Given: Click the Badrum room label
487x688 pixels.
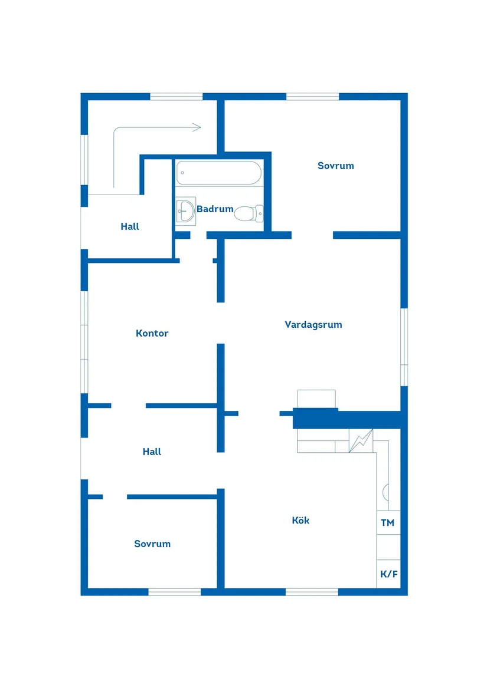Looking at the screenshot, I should click(x=215, y=209).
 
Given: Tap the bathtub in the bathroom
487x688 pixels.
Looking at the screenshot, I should click(x=218, y=173).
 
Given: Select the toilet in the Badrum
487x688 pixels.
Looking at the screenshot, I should click(x=249, y=213).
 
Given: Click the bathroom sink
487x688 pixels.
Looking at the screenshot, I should click(x=186, y=210).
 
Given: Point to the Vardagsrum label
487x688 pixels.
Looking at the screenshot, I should click(x=313, y=324).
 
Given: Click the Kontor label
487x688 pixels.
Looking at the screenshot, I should click(x=152, y=333).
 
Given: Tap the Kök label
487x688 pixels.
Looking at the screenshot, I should click(x=300, y=520).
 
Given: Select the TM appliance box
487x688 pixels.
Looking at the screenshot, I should click(x=388, y=523).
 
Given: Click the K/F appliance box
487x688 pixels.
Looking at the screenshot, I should click(x=388, y=574).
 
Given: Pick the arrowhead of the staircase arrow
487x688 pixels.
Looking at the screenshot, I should click(x=198, y=127).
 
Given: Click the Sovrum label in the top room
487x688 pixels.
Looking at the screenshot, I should click(x=336, y=166).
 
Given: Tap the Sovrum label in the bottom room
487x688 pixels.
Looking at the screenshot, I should click(x=152, y=544).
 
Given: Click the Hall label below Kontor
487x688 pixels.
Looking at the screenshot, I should click(x=152, y=452).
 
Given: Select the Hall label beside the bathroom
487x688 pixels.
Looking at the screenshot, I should click(x=130, y=226).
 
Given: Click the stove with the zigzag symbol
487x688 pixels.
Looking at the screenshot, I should click(x=361, y=440).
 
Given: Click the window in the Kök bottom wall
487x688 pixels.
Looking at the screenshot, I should click(x=312, y=591).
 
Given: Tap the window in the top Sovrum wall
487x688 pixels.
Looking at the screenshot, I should click(x=312, y=97).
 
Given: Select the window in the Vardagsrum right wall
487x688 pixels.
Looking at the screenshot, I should click(x=404, y=347).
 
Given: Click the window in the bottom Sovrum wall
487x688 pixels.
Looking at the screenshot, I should click(x=175, y=591).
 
